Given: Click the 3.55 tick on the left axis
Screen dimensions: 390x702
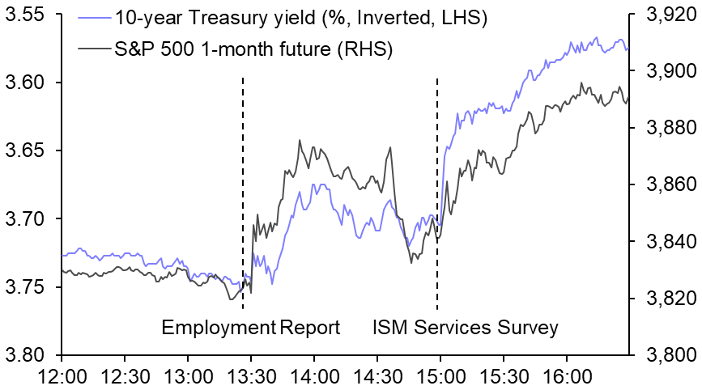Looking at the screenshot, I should (x=26, y=15).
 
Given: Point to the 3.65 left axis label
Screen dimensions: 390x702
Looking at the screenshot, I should (x=26, y=151).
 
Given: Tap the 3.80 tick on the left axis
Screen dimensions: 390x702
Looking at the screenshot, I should (x=26, y=355).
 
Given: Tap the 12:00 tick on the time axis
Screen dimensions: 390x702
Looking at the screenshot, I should (x=62, y=376).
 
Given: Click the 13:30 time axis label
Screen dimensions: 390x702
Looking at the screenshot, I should (x=250, y=376).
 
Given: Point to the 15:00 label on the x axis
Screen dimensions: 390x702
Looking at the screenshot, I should (x=439, y=376).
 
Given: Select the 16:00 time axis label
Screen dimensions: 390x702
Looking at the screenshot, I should (x=565, y=376).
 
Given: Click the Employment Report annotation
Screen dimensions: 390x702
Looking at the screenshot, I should (x=250, y=328).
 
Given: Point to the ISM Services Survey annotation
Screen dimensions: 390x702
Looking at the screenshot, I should (x=465, y=328).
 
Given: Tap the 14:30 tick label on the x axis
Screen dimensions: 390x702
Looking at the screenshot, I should (x=377, y=376).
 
